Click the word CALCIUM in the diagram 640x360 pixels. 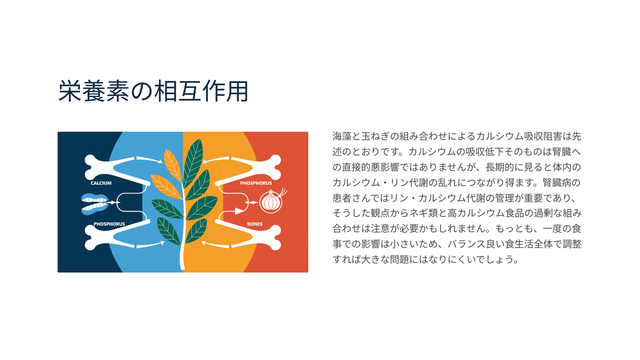click(101, 183)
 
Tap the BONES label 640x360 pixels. click(254, 224)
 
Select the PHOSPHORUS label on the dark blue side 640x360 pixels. click(109, 224)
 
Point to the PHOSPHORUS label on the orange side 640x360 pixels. click(255, 183)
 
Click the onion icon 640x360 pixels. click(271, 201)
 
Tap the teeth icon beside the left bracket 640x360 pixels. click(95, 204)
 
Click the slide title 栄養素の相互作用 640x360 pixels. click(153, 91)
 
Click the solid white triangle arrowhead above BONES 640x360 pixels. click(239, 211)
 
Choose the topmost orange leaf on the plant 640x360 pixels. click(172, 165)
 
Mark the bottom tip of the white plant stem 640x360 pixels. click(182, 269)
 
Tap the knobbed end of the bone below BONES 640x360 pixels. click(275, 238)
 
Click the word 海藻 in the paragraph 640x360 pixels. click(342, 137)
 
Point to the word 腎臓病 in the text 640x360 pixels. click(557, 182)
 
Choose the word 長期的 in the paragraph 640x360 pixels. click(500, 167)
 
